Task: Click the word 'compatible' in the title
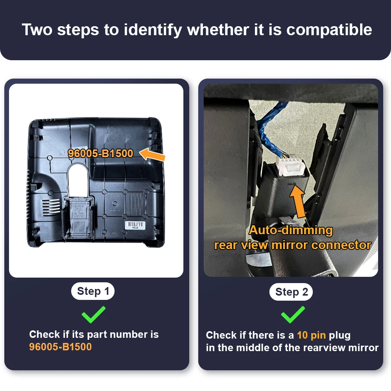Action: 329,30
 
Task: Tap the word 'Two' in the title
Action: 37,30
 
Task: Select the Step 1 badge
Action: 93,291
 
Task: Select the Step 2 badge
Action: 291,292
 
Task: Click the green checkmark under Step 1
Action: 93,315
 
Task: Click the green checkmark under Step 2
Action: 293,315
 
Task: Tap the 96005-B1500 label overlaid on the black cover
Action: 100,153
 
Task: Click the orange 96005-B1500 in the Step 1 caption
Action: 60,347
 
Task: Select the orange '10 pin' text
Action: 311,335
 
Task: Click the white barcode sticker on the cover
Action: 135,225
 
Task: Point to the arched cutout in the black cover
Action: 78,179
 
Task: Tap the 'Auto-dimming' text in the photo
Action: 291,230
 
